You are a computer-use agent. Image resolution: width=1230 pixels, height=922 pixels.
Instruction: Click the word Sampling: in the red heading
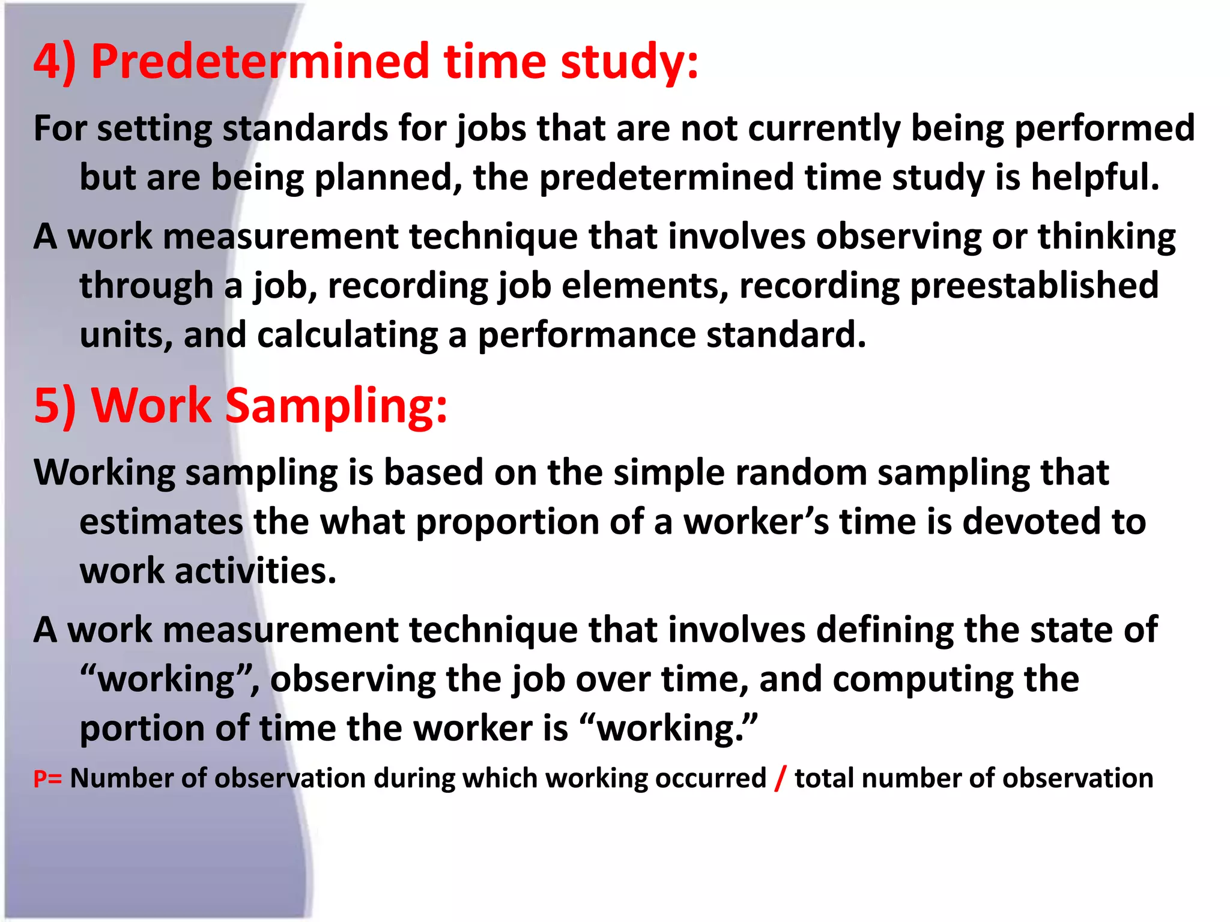[x=336, y=405]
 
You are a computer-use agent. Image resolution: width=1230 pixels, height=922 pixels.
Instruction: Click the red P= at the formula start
[x=47, y=779]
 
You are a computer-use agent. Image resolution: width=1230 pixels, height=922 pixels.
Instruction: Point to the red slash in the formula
[x=780, y=779]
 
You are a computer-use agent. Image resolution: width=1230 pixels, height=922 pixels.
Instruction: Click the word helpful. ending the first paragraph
[x=1095, y=178]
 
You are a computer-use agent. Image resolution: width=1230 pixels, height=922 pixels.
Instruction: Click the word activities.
[x=255, y=571]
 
